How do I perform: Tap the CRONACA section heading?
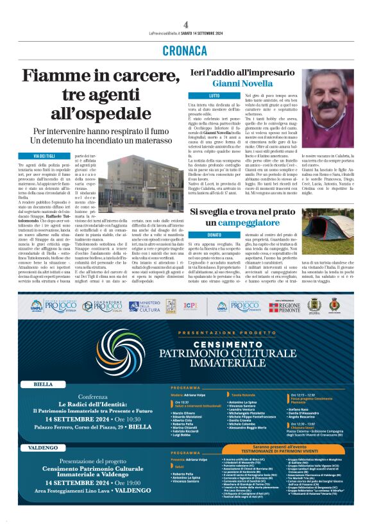[185, 50]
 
